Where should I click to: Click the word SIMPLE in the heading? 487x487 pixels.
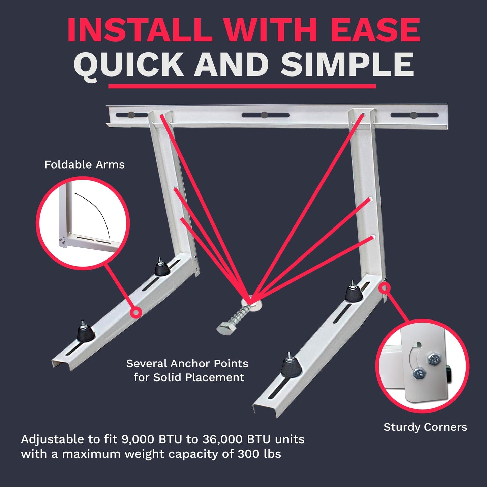(x=347, y=65)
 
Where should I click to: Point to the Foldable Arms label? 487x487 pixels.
(x=84, y=164)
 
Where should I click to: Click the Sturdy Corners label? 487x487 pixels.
(x=425, y=427)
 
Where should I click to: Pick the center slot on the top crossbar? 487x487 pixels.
(x=265, y=115)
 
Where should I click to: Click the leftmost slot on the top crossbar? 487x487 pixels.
(x=131, y=115)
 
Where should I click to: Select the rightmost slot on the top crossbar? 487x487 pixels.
(x=414, y=115)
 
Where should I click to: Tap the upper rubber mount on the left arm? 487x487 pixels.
(x=162, y=268)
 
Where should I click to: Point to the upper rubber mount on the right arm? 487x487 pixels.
(x=354, y=293)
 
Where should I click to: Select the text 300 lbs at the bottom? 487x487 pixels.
(x=259, y=454)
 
